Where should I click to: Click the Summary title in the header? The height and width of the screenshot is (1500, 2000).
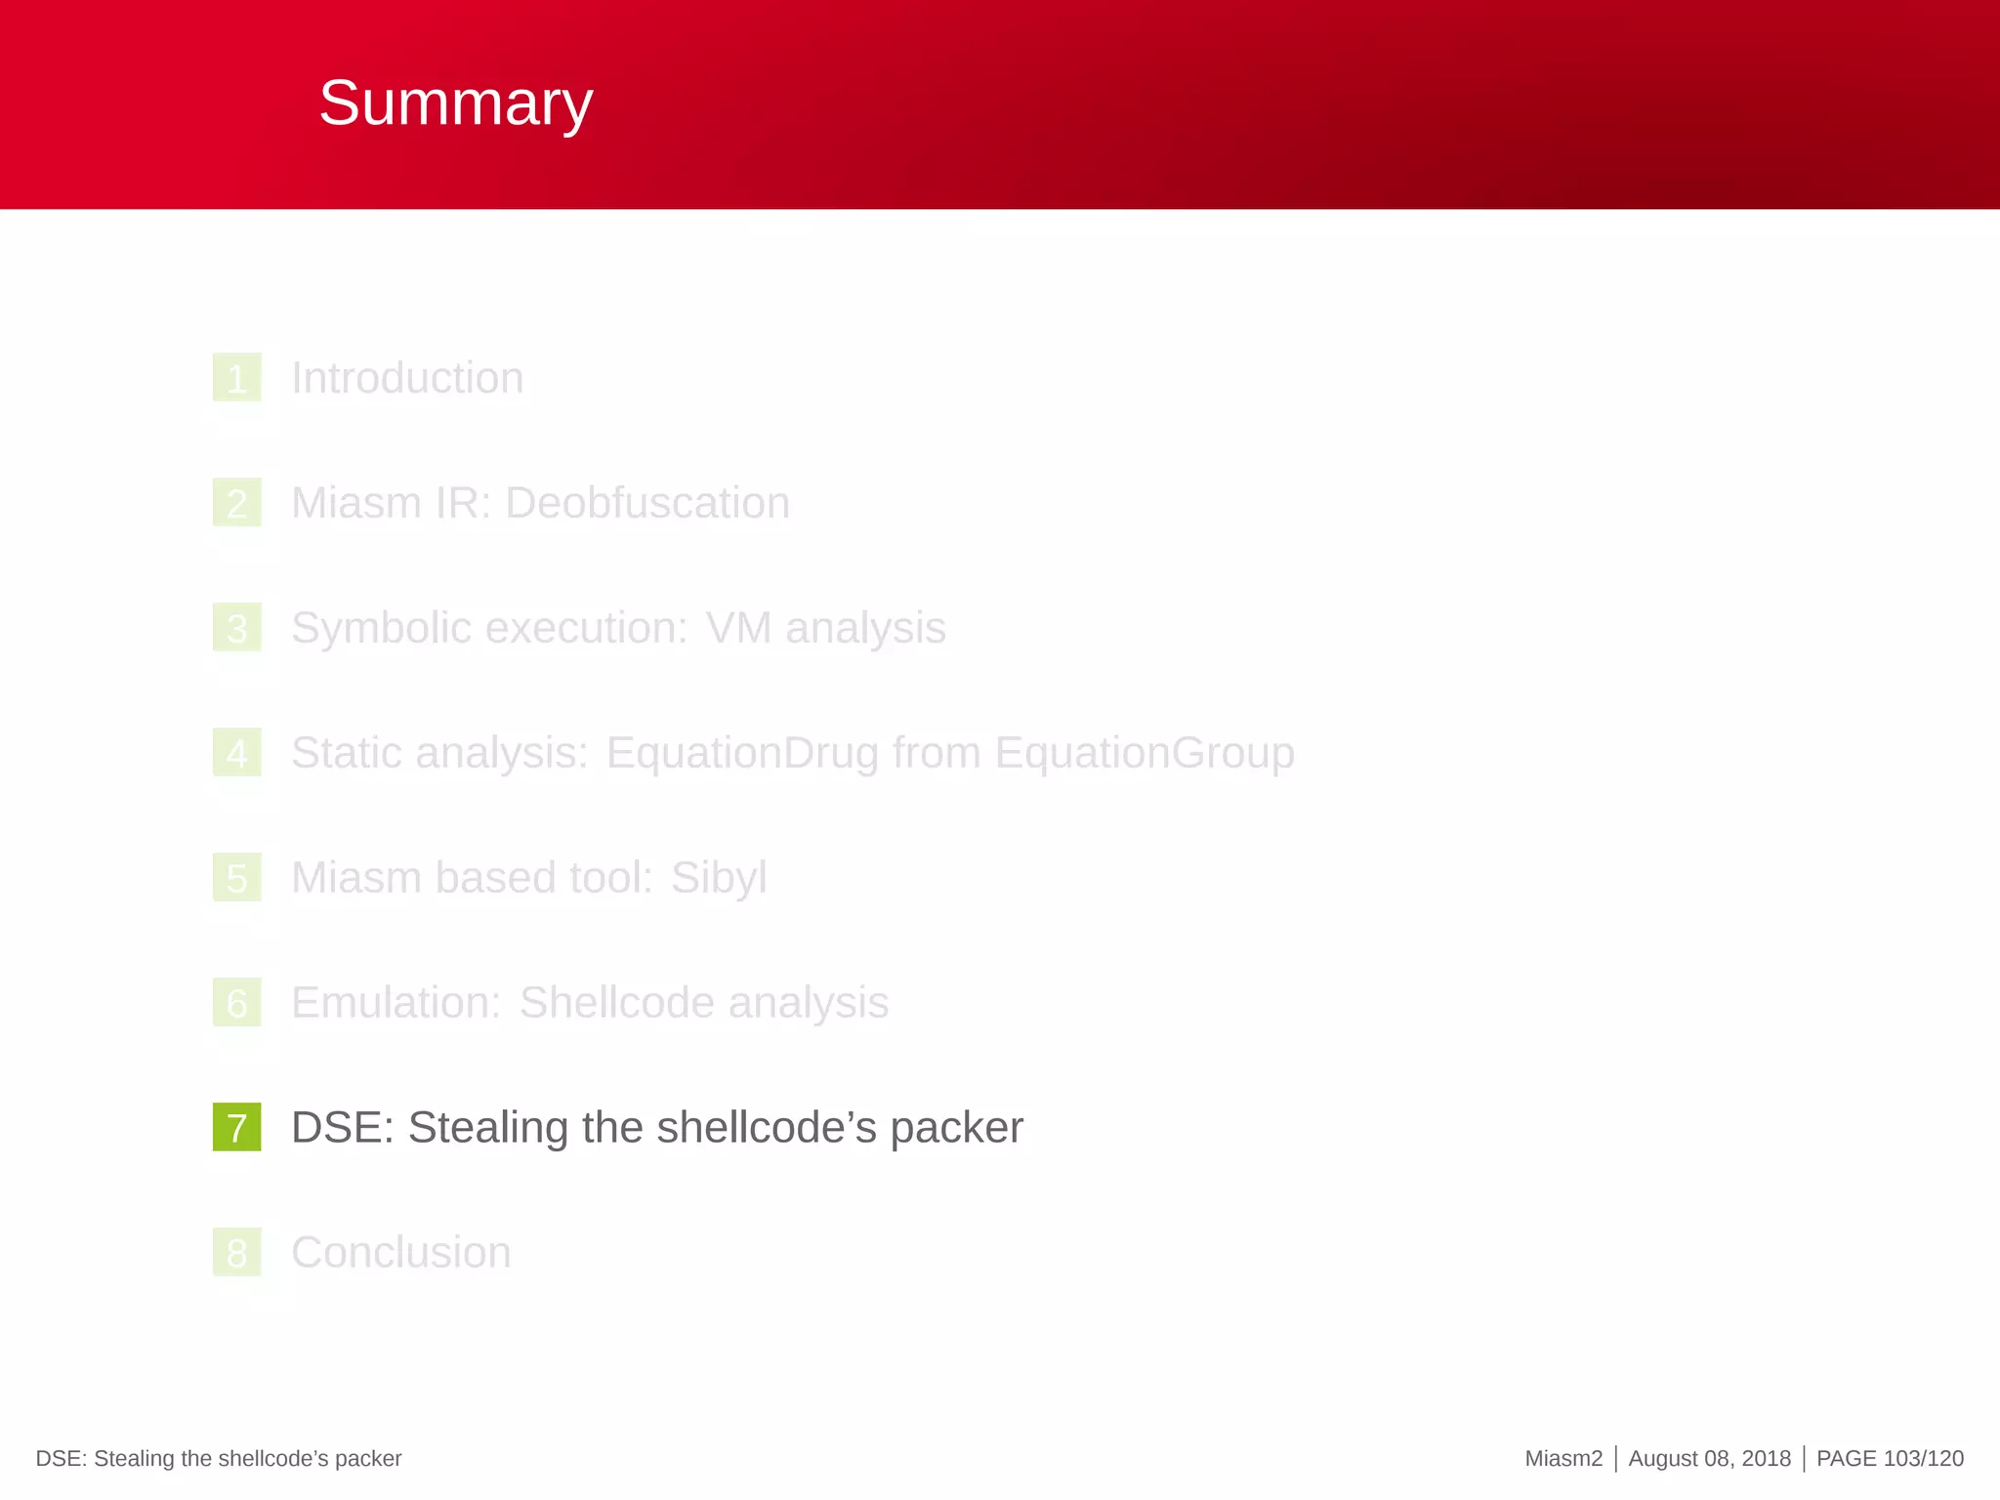coord(455,104)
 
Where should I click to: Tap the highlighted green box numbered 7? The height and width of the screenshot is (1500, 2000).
coord(236,1127)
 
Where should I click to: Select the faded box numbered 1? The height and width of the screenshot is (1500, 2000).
coord(236,378)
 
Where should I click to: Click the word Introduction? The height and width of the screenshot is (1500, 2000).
coord(407,378)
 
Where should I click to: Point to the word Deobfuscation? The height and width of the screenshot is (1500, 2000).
coord(646,503)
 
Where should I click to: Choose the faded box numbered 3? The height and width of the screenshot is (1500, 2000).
coord(236,628)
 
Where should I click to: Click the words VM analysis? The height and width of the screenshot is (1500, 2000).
coord(825,628)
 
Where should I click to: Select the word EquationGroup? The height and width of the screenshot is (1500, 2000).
coord(1145,753)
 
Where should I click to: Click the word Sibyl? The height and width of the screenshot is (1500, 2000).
coord(718,878)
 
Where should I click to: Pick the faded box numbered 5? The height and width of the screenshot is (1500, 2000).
coord(236,878)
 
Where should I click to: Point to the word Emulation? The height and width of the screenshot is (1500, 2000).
coord(396,1003)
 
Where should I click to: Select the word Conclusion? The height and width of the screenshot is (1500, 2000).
coord(400,1253)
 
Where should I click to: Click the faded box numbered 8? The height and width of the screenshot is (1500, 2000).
coord(236,1253)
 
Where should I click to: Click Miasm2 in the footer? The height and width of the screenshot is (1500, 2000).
coord(1562,1459)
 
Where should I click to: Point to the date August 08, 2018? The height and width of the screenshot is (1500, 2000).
coord(1709,1459)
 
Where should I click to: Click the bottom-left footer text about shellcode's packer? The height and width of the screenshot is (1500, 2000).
coord(219,1459)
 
